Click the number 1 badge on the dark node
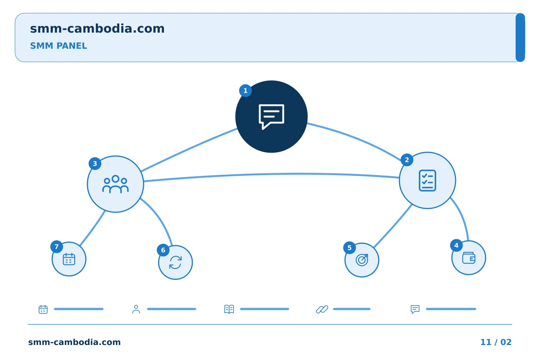pos(245,91)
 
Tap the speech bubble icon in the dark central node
pos(271,117)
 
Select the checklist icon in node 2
pos(427,181)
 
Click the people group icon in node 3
pos(115,184)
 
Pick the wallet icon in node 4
pos(469,258)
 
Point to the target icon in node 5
pos(362,260)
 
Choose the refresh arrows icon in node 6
pos(175,262)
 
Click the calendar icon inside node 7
pos(69,259)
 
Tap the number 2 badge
pos(407,160)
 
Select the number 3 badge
pos(95,164)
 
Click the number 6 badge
pos(163,250)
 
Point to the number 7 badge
pos(57,247)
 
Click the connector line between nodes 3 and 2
pos(271,174)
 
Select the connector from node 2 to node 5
pos(393,226)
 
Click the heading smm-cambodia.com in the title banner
pos(97,28)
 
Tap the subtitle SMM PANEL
pos(58,46)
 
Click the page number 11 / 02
pos(496,342)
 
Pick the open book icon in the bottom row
pos(229,309)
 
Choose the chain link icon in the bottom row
pos(322,309)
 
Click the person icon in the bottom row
pos(136,309)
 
